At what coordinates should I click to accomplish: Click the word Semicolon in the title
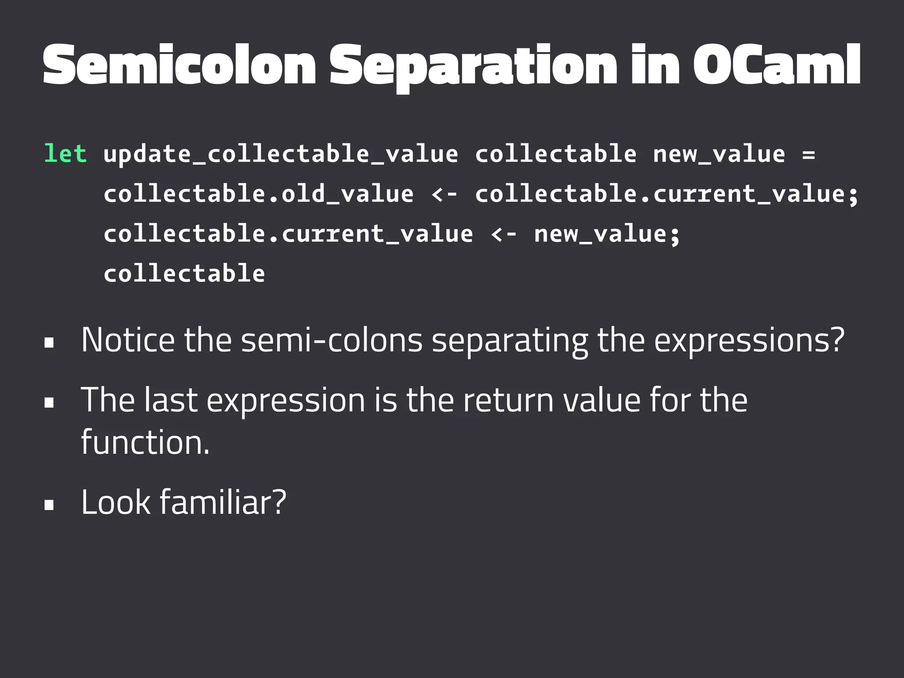tap(179, 65)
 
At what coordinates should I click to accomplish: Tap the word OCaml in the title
tap(776, 65)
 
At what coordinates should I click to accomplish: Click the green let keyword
tap(65, 154)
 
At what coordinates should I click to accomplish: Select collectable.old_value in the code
tap(258, 194)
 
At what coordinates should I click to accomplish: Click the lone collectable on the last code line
tap(184, 273)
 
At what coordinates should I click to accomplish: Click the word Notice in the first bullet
tap(128, 340)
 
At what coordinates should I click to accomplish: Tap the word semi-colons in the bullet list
tap(331, 340)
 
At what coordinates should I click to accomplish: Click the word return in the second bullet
tap(508, 400)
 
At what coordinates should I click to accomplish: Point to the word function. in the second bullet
tap(145, 442)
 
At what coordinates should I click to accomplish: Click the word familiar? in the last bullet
tap(223, 502)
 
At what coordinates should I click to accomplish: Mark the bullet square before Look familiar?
tap(49, 505)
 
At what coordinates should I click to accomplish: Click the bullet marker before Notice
tap(49, 343)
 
